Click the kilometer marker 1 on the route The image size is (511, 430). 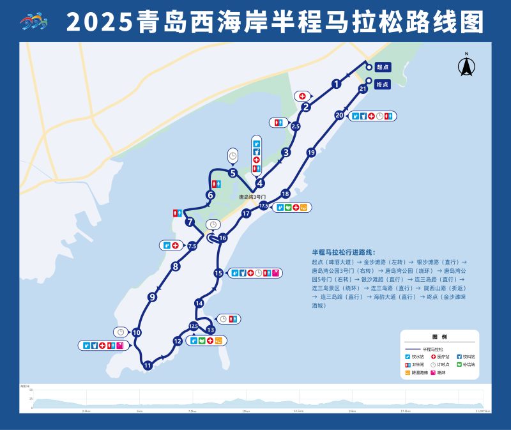point(336,84)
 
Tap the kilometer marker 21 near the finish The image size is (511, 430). point(362,89)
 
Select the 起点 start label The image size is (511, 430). point(382,66)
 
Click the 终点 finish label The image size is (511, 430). point(382,84)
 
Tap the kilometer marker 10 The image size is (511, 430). point(136,332)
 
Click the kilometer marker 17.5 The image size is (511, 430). point(263,206)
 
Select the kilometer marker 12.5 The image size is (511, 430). point(194,326)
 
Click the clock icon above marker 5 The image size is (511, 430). point(233,155)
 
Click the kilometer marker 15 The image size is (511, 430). point(218,273)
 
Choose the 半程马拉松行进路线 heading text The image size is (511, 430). point(344,252)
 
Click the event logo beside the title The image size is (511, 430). point(33,23)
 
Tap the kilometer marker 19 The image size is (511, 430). point(311,153)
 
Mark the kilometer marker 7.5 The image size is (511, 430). point(192,246)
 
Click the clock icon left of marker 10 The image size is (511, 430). point(119,332)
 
